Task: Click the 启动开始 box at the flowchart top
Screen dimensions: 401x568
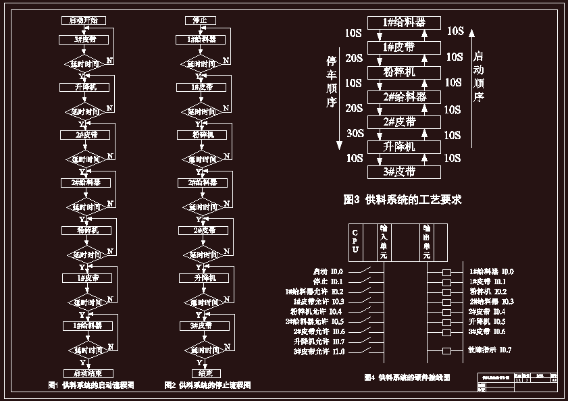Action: tap(83, 21)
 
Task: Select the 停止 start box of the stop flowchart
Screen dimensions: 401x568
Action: tap(196, 21)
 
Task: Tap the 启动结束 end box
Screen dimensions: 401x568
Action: tap(88, 373)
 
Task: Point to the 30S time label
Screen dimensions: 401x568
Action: tap(355, 134)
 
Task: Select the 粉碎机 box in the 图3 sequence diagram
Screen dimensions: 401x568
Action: tap(404, 72)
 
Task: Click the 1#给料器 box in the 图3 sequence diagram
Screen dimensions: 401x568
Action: tap(404, 23)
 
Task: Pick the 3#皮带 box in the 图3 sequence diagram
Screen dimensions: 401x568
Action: tap(404, 171)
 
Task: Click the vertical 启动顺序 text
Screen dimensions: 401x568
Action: tap(478, 76)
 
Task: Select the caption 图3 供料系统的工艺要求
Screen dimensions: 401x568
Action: tap(403, 200)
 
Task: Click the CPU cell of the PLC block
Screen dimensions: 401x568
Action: tap(355, 242)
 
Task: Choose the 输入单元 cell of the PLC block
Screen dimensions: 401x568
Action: tap(383, 242)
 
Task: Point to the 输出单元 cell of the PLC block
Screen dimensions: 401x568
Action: tap(426, 242)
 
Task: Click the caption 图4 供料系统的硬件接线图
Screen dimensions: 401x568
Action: tap(407, 377)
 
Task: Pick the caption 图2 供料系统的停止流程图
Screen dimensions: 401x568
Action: tap(207, 385)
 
